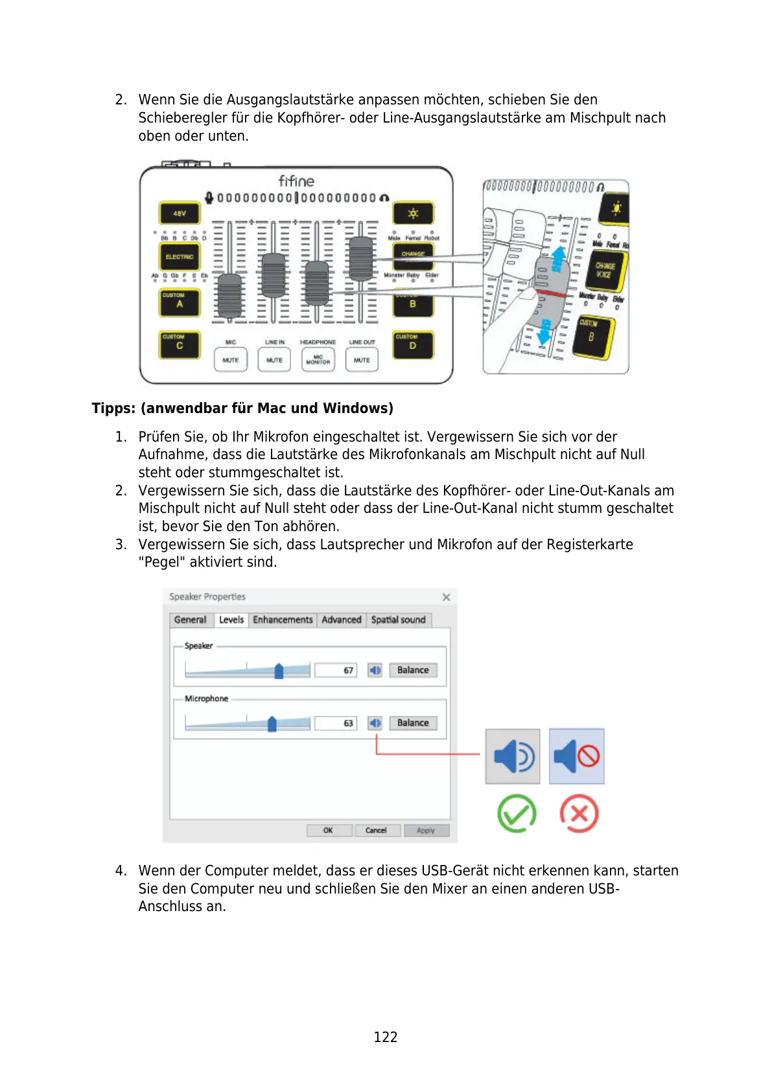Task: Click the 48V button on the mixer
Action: (180, 213)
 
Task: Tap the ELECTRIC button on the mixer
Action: (180, 257)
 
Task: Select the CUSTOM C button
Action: (180, 344)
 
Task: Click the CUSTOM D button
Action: (413, 344)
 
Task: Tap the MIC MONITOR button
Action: (318, 359)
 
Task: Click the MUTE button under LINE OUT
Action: (362, 359)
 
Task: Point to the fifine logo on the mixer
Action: (296, 181)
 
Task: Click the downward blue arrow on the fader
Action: (544, 332)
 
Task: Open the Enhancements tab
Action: (283, 620)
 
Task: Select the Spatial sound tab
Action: (398, 620)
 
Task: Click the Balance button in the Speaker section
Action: (413, 670)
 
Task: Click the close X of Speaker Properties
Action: (446, 597)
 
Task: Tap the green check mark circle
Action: (517, 813)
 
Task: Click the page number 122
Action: (386, 1037)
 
